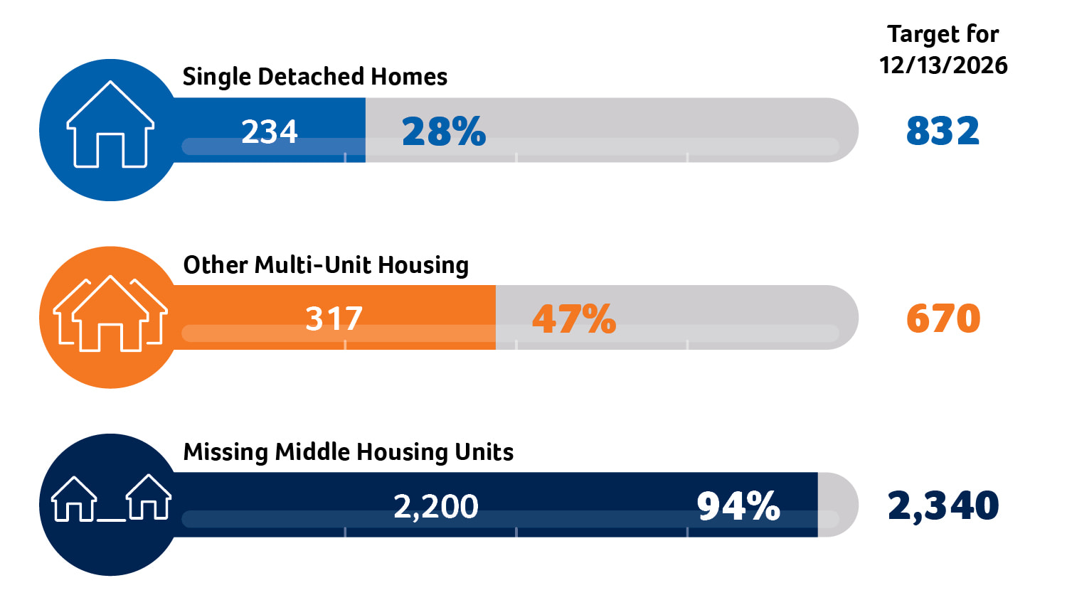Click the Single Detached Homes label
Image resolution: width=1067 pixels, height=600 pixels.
(314, 77)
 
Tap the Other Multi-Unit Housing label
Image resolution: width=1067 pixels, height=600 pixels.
(326, 265)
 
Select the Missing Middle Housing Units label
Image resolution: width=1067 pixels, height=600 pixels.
(348, 452)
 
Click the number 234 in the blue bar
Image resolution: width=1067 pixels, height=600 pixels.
(269, 132)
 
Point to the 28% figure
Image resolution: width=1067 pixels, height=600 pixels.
(444, 132)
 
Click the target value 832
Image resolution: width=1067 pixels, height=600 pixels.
(943, 131)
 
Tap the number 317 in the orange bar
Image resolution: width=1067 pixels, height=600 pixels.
(334, 318)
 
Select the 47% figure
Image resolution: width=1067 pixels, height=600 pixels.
(574, 318)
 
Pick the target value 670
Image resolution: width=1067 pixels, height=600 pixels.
(943, 318)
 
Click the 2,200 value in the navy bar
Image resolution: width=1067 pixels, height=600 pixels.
(435, 506)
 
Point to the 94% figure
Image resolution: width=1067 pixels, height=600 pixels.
(738, 506)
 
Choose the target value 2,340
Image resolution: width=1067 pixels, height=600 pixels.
(943, 505)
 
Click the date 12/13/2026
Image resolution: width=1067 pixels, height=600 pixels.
(943, 65)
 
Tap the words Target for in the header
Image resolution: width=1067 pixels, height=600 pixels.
(943, 34)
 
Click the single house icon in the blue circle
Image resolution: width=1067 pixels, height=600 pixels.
(110, 127)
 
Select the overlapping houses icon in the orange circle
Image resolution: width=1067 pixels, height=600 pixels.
(110, 314)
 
